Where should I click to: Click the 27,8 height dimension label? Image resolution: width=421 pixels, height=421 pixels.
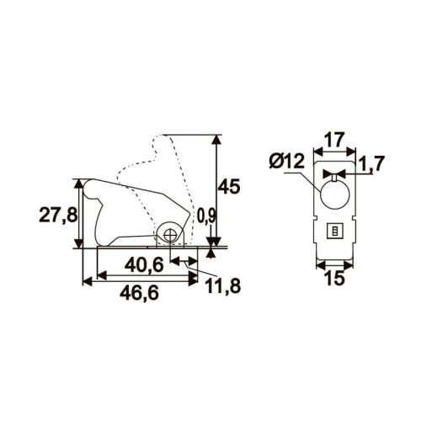point(58,216)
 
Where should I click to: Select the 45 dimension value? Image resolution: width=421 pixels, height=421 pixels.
point(229,186)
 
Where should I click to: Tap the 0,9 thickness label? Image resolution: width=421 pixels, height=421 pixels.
point(206,216)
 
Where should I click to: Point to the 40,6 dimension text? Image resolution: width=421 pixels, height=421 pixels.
point(144,265)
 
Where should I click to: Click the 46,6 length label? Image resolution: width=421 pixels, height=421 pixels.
point(139,293)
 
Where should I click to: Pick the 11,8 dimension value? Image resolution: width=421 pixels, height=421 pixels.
point(223,286)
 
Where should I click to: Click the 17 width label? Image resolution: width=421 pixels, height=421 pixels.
point(334,140)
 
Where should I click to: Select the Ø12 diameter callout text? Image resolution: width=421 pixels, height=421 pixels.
point(286,161)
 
